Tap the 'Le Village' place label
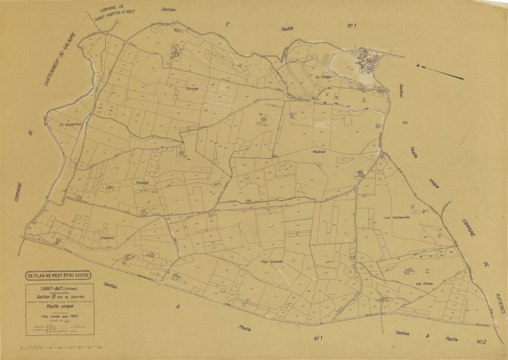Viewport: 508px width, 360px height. click(x=323, y=76)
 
